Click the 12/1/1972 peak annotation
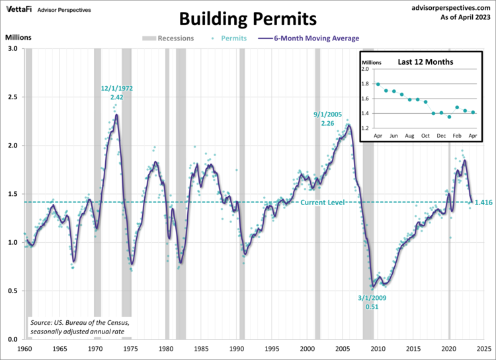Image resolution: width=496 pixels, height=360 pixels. tap(118, 87)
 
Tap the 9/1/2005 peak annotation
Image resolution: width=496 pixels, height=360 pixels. tap(327, 114)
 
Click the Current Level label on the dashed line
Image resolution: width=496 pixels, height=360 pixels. tap(323, 202)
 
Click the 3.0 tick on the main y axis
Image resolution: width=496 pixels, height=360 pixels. tap(13, 49)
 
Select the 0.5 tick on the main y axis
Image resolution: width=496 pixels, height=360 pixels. tap(13, 291)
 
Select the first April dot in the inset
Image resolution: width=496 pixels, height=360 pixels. tap(378, 84)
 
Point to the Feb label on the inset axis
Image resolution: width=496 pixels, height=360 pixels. tap(457, 135)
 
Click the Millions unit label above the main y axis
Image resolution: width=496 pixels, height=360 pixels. tap(18, 37)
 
